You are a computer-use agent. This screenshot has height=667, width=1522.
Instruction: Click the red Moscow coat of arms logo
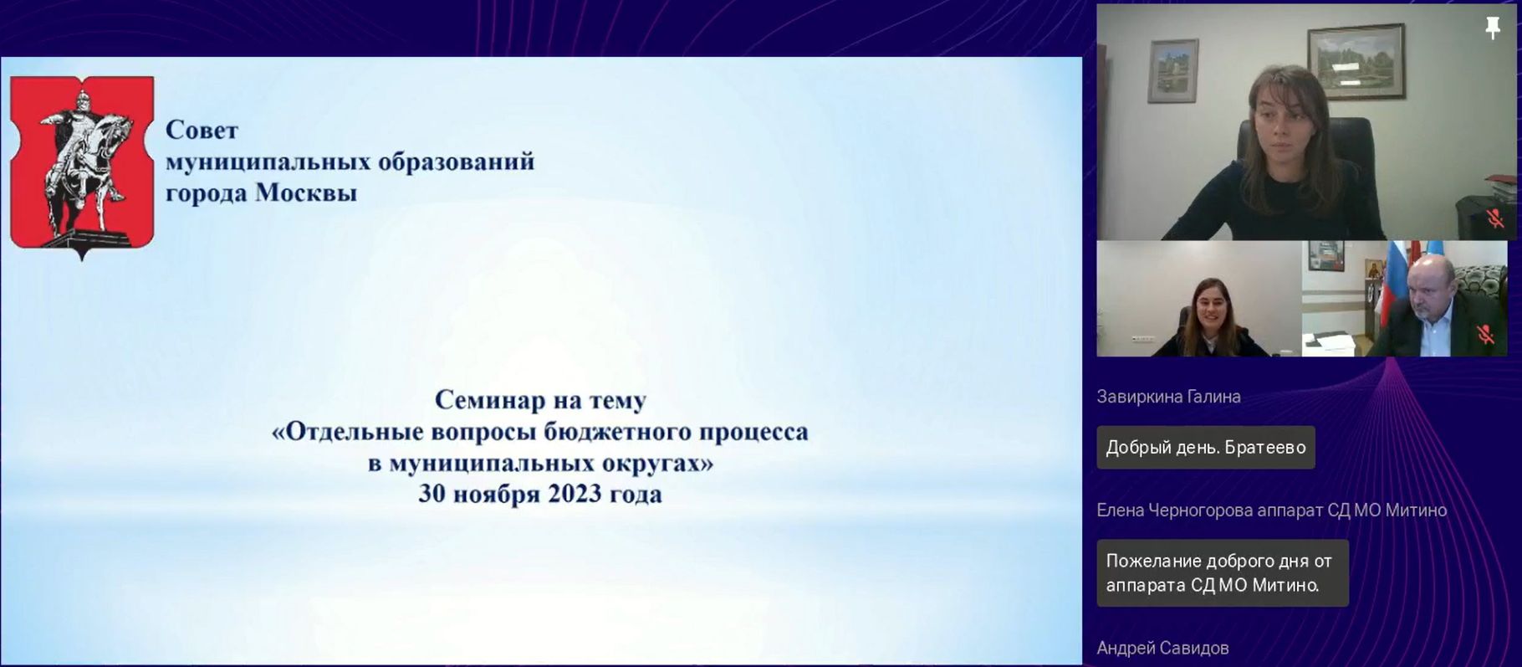click(82, 166)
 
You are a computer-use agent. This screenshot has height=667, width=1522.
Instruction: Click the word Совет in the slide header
click(202, 130)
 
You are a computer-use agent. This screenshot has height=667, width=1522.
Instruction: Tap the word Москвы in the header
click(306, 192)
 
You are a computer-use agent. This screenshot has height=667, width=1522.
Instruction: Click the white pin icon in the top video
click(1493, 28)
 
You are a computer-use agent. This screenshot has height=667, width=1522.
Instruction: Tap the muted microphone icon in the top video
click(1495, 219)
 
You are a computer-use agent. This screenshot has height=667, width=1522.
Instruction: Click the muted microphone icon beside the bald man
click(1485, 335)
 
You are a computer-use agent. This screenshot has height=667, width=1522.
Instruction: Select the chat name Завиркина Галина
click(1168, 397)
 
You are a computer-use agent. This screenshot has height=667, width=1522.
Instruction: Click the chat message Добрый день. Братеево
click(1206, 448)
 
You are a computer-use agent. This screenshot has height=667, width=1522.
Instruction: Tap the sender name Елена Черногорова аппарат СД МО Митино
click(1271, 511)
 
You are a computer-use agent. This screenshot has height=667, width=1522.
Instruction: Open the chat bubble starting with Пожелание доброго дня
click(1223, 573)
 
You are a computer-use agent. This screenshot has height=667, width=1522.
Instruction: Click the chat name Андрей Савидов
click(1162, 648)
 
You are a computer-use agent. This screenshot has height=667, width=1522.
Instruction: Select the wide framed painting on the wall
click(1356, 61)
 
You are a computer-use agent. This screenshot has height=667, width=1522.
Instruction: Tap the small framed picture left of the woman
click(1172, 70)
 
